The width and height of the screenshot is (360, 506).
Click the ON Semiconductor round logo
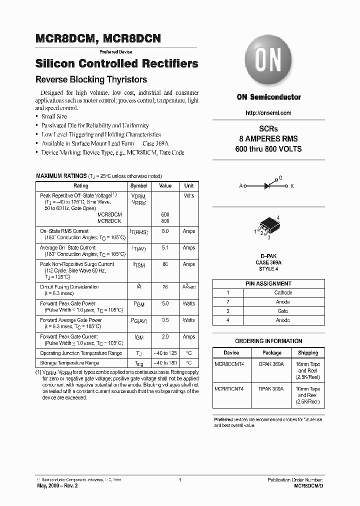[268, 63]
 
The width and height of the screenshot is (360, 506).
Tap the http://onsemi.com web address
[268, 113]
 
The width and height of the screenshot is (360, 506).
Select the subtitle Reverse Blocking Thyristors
[90, 79]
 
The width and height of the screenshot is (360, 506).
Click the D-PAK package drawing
[268, 225]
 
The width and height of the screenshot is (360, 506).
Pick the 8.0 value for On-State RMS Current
[165, 231]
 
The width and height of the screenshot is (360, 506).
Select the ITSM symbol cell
[138, 265]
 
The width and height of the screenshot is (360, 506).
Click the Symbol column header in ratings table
[138, 185]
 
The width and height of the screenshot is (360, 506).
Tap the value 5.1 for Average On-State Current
[165, 248]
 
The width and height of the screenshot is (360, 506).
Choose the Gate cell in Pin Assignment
[283, 311]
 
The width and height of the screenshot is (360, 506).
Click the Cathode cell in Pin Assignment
[283, 292]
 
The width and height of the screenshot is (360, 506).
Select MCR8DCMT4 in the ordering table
[230, 364]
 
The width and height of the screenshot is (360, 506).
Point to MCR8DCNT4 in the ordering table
[230, 389]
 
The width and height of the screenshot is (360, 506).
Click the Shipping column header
[308, 352]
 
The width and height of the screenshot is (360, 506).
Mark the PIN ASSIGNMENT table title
[268, 283]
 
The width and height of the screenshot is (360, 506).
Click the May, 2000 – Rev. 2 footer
[57, 485]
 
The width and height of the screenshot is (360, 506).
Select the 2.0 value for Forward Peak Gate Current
[165, 337]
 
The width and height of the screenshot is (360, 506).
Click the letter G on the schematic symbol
[280, 178]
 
